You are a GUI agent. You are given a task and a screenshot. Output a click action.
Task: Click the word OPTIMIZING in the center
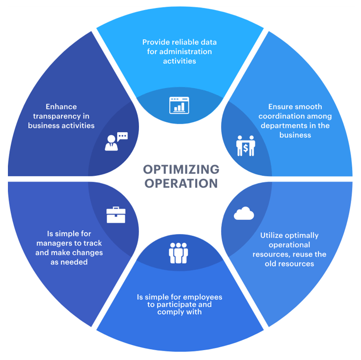[181, 169]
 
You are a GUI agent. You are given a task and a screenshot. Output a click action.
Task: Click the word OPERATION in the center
[181, 183]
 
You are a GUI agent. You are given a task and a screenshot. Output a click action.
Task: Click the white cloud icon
[244, 214]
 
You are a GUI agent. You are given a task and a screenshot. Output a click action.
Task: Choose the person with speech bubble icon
[116, 142]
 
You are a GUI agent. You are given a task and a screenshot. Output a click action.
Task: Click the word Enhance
[61, 106]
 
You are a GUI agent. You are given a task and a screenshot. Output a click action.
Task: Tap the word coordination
[282, 116]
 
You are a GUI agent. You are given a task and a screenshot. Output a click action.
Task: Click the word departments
[283, 125]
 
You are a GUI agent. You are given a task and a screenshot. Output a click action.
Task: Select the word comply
[170, 312]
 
